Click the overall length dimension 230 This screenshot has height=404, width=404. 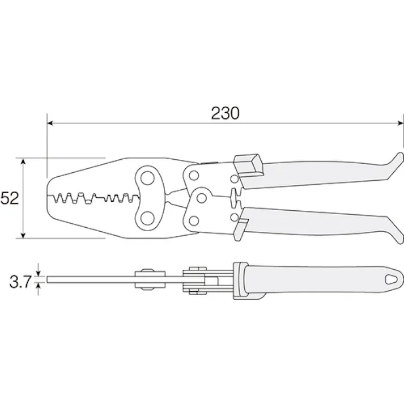[x=226, y=113]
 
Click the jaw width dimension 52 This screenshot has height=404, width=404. [x=10, y=198]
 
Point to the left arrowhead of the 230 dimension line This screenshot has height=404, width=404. [x=50, y=122]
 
